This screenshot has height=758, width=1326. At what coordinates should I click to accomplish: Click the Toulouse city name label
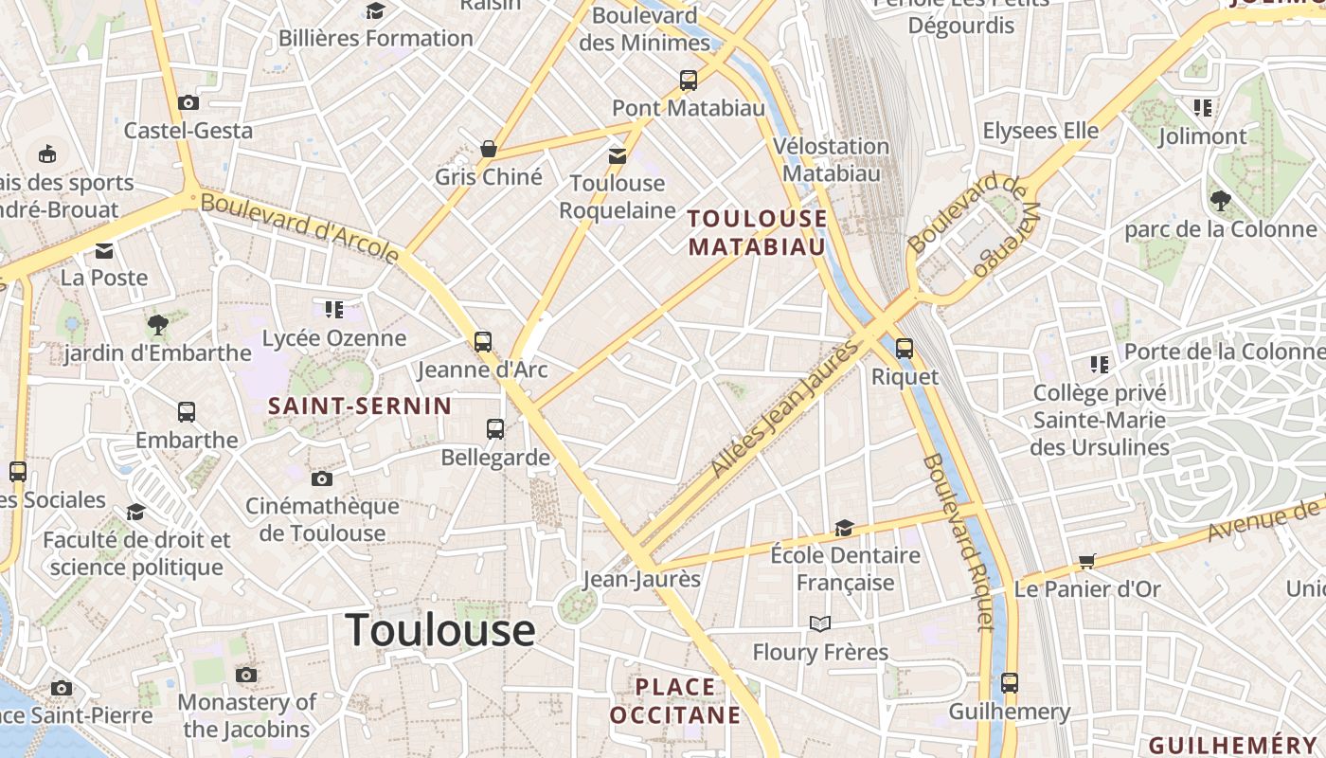(x=440, y=630)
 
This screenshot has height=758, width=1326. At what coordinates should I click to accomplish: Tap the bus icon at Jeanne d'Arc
(x=483, y=341)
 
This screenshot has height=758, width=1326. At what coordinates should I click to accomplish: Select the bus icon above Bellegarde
(x=495, y=429)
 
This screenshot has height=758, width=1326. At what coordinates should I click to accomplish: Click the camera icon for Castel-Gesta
(x=188, y=102)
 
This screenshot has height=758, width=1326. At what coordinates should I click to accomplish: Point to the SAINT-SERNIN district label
(x=360, y=406)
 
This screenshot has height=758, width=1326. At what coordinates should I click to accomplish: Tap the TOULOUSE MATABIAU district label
(x=757, y=233)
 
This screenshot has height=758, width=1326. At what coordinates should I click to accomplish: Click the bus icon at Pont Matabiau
(x=689, y=81)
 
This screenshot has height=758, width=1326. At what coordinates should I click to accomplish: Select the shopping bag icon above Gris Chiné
(x=489, y=149)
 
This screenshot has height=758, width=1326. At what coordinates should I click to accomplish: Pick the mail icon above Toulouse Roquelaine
(x=618, y=155)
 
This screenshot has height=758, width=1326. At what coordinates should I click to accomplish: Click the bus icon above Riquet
(x=905, y=348)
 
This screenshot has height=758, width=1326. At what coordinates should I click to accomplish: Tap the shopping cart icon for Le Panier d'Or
(x=1087, y=561)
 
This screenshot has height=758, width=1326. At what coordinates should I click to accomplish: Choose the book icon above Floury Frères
(x=820, y=623)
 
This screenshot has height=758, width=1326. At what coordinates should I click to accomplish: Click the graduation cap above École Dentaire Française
(x=844, y=528)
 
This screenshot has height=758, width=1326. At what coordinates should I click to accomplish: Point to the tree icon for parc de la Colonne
(x=1220, y=200)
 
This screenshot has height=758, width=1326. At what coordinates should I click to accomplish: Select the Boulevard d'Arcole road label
(x=300, y=228)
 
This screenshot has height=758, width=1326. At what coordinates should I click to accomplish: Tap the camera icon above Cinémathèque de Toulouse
(x=322, y=478)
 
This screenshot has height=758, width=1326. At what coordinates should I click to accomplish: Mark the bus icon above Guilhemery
(x=1010, y=682)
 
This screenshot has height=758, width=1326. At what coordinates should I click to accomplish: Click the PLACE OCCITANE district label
(x=675, y=700)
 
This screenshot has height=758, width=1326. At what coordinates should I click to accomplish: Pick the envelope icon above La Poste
(x=104, y=251)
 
